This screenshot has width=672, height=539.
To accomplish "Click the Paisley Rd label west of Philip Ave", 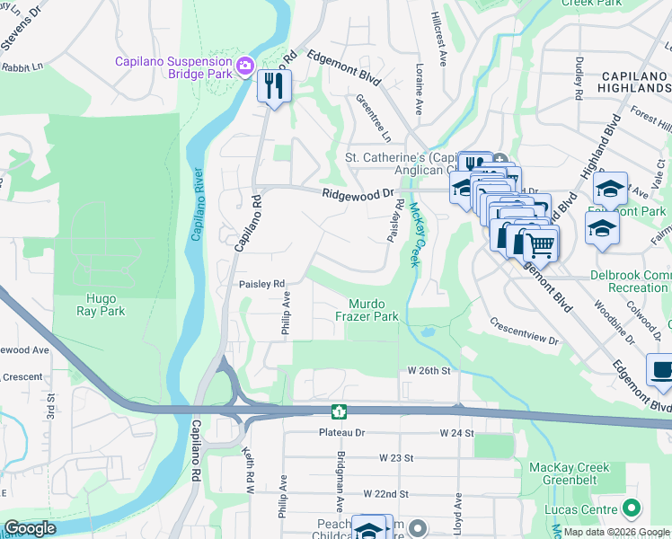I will [x=261, y=284].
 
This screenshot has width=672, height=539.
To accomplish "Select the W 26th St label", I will [x=428, y=370].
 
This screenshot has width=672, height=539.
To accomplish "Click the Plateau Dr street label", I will [x=343, y=432].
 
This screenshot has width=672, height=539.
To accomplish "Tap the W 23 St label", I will [x=395, y=457].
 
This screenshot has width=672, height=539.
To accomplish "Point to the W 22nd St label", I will [x=385, y=494].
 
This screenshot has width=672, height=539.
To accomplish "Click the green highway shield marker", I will [x=340, y=411].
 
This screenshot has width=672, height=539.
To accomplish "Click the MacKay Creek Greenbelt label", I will [x=569, y=473].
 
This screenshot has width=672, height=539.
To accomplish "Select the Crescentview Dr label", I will [x=524, y=331].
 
